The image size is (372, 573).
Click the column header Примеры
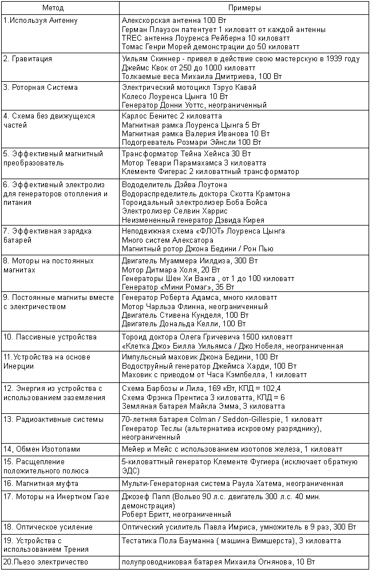click(x=244, y=9)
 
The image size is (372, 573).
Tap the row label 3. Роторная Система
click(x=41, y=88)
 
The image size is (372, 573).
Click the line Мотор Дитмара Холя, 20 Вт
click(x=171, y=269)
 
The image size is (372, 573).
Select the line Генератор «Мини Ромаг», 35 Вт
click(x=178, y=286)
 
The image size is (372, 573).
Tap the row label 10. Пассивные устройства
click(x=50, y=337)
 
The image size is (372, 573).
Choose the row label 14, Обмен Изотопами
click(x=42, y=448)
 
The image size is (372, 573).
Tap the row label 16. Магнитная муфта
click(x=41, y=484)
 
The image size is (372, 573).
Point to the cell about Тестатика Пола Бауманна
click(x=232, y=540)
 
